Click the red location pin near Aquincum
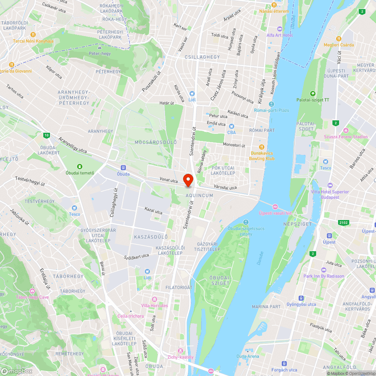188,179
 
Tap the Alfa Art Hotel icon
279,29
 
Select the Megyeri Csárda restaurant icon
339,39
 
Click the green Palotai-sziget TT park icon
312,94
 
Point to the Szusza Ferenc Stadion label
346,136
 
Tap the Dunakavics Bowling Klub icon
262,147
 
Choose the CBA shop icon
232,126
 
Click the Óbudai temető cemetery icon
80,167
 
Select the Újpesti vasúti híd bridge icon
275,206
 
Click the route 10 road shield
46,135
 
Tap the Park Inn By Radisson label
324,276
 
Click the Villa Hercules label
155,305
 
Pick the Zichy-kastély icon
180,350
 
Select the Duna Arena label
248,356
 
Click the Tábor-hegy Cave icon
32,291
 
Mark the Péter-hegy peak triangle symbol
99,48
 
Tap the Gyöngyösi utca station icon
301,298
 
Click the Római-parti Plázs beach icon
271,104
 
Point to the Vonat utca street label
168,181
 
